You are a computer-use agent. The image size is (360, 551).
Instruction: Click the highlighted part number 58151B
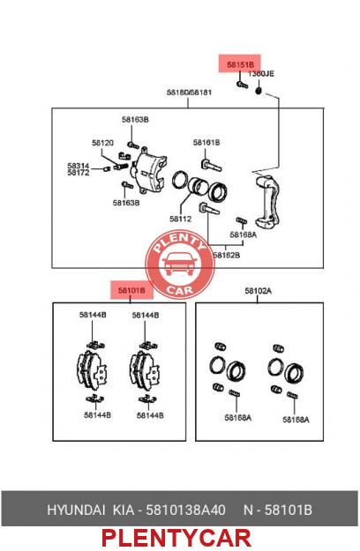[x=240, y=64]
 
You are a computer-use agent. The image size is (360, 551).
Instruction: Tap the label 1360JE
[x=261, y=74]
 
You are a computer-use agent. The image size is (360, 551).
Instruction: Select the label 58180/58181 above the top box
[x=189, y=93]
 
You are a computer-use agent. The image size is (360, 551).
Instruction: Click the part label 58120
[x=102, y=143]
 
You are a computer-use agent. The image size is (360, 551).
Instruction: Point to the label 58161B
[x=206, y=142]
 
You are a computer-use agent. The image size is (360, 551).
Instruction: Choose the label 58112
[x=180, y=219]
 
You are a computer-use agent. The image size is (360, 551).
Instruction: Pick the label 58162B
[x=227, y=255]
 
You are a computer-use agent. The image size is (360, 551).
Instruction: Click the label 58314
[x=79, y=165]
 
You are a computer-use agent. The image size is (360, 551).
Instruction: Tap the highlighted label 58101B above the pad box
[x=131, y=291]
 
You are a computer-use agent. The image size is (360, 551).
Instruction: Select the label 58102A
[x=258, y=291]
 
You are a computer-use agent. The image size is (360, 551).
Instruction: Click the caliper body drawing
[x=149, y=171]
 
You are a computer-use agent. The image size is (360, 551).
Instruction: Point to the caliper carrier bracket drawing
[x=267, y=201]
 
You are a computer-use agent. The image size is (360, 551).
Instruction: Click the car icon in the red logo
[x=179, y=264]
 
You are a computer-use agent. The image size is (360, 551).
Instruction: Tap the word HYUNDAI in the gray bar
[x=76, y=510]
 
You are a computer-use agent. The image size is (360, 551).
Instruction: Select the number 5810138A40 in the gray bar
[x=185, y=510]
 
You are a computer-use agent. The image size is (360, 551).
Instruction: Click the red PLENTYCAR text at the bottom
[x=176, y=538]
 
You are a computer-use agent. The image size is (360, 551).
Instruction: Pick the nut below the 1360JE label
[x=259, y=91]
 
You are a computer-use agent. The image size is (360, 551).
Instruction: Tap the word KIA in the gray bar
[x=123, y=510]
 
